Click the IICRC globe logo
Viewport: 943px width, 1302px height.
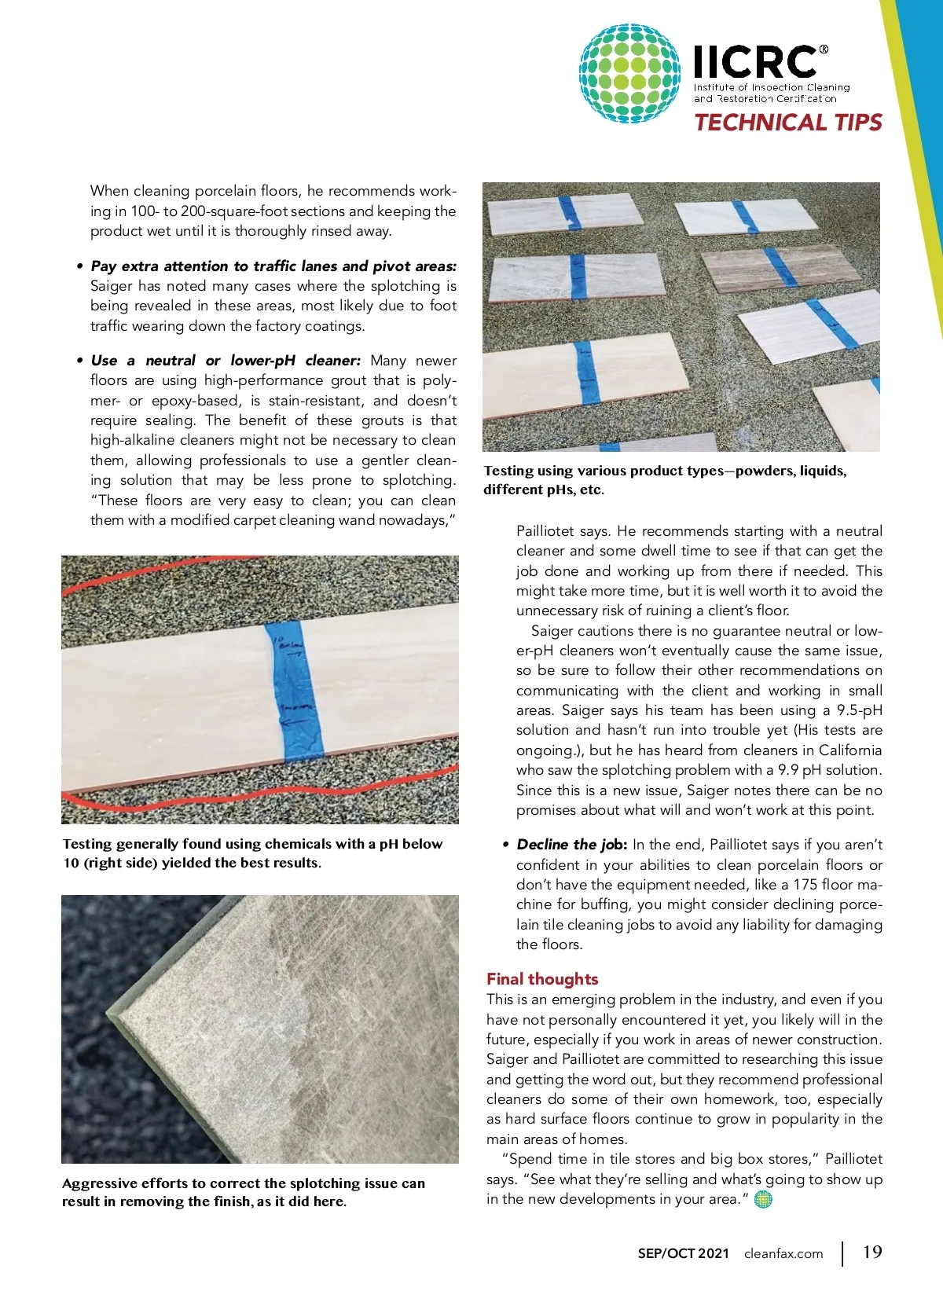(629, 73)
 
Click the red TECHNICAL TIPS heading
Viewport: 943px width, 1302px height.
(788, 123)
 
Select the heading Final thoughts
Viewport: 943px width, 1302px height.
(542, 979)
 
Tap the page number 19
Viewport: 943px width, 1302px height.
(872, 1252)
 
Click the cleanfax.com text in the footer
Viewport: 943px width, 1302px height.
(783, 1253)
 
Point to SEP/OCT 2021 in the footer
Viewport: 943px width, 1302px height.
(683, 1253)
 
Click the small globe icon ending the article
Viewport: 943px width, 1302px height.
(763, 1199)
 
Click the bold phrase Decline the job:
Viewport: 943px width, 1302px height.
(571, 845)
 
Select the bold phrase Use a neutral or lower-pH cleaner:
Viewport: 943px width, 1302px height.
(226, 361)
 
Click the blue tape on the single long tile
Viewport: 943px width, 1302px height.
(292, 691)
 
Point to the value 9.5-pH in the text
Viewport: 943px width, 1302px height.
(859, 710)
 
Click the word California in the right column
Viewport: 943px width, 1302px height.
(849, 750)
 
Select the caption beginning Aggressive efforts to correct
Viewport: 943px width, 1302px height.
(243, 1192)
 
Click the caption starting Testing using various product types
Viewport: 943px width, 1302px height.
(665, 480)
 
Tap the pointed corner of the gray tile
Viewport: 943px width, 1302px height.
(117, 1019)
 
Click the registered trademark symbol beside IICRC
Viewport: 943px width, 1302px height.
(824, 50)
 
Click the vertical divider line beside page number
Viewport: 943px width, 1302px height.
(843, 1253)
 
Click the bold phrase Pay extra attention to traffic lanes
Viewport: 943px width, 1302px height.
(273, 266)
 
